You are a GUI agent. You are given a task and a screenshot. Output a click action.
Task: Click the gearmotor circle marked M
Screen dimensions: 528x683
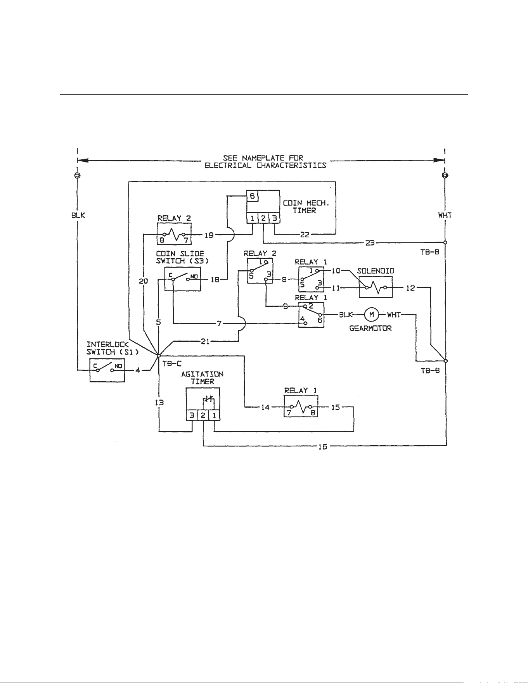371,315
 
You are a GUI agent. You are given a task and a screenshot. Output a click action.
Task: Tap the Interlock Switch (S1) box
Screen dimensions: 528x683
107,370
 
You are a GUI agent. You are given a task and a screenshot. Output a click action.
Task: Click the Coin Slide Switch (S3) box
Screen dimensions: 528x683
182,279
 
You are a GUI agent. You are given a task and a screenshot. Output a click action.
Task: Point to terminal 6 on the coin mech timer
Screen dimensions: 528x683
252,196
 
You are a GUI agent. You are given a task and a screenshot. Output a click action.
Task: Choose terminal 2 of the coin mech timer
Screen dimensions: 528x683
263,218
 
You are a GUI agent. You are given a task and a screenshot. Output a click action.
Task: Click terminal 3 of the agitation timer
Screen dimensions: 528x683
192,415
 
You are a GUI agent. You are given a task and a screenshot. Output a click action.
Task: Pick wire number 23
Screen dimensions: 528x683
370,243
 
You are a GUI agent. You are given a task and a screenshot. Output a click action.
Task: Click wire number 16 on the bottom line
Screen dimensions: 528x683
323,446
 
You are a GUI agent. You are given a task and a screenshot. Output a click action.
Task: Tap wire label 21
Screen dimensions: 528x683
205,341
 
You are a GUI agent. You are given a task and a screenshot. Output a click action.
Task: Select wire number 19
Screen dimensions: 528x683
209,234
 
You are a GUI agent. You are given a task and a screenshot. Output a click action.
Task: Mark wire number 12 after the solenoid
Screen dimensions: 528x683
410,288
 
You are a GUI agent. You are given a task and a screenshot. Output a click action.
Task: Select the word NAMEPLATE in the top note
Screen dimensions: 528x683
263,158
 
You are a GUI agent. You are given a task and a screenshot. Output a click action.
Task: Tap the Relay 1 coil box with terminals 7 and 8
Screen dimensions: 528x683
301,406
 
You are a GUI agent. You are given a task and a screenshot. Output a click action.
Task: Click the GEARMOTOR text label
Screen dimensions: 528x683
370,329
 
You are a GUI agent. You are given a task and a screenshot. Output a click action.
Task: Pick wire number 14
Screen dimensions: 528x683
265,408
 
